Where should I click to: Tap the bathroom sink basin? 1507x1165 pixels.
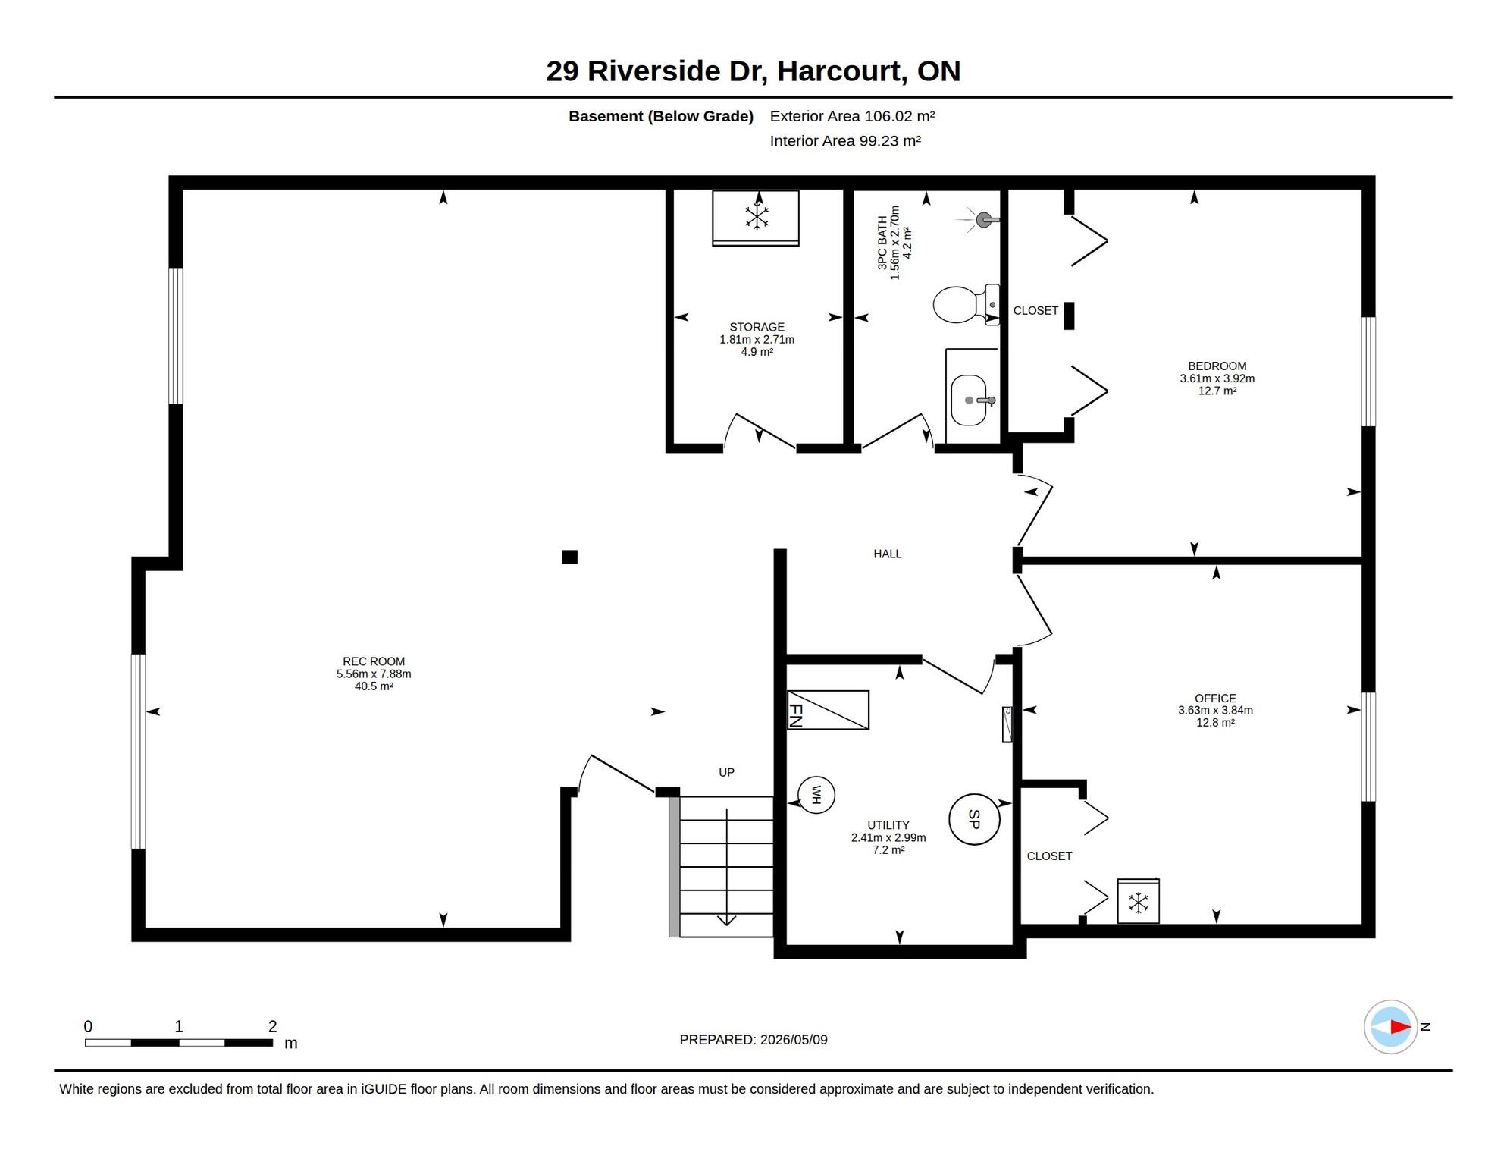(969, 400)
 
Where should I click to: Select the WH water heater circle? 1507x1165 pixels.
(816, 795)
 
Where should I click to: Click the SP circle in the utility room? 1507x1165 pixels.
(974, 819)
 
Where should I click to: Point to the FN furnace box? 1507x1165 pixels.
(829, 710)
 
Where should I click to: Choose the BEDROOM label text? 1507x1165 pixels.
(1217, 366)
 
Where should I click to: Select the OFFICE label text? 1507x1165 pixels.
(1215, 698)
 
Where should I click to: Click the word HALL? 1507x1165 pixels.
(887, 554)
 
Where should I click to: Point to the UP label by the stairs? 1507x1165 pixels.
(726, 772)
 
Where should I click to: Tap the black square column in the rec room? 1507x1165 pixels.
(569, 557)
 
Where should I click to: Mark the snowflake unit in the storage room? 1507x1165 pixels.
(756, 218)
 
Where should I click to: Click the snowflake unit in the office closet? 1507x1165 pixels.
(1138, 901)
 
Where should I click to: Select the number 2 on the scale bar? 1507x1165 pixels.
(273, 1026)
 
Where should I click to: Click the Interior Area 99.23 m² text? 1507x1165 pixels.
(845, 141)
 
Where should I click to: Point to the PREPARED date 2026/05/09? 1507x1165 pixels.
(794, 1040)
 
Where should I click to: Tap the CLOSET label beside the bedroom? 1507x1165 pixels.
(1035, 310)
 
